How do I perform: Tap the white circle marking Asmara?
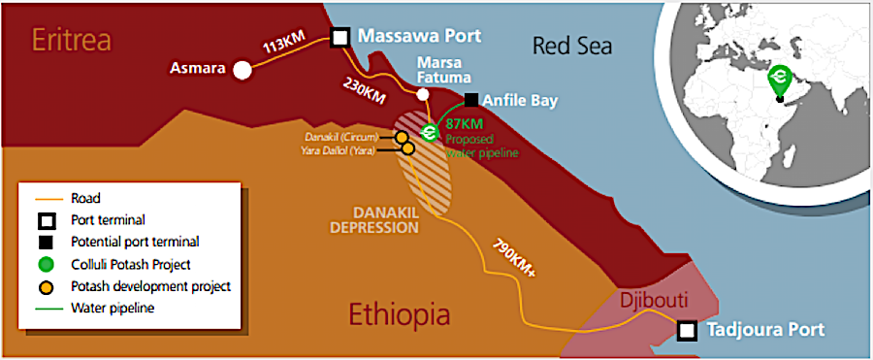(242, 70)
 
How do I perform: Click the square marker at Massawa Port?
(340, 38)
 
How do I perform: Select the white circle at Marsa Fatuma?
(422, 94)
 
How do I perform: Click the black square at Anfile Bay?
(470, 99)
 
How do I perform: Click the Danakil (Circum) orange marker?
(401, 138)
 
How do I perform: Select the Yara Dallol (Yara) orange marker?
(407, 148)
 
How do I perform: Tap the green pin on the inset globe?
(777, 77)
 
